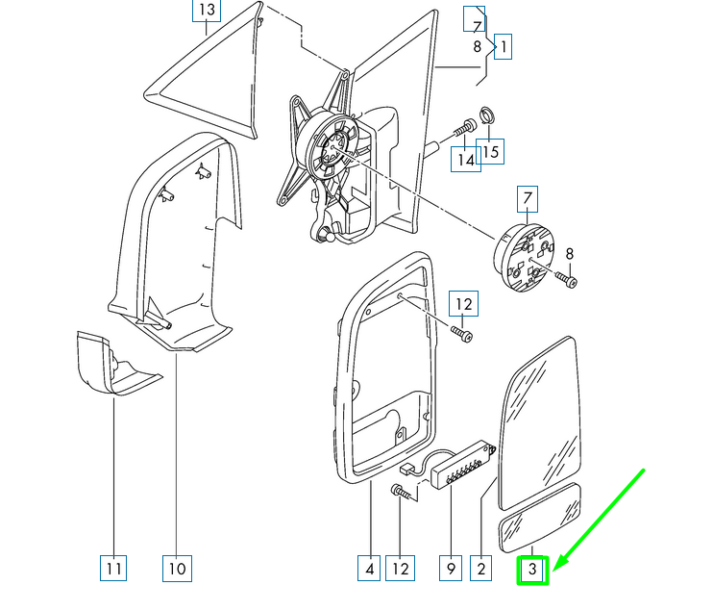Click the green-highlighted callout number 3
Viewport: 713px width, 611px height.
[x=532, y=570]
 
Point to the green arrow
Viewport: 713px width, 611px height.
[x=599, y=520]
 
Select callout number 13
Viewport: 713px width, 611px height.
[x=207, y=10]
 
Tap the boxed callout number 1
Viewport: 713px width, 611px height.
[x=503, y=46]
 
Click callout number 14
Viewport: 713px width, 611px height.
[x=466, y=160]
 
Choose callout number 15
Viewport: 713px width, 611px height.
[x=490, y=151]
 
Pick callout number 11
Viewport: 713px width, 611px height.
[x=113, y=569]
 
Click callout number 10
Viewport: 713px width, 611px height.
[x=177, y=569]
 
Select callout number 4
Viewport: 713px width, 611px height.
[x=369, y=569]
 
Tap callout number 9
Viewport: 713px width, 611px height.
[x=451, y=569]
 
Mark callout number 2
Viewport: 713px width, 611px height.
[x=481, y=569]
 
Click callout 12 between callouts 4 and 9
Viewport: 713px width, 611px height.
[x=400, y=569]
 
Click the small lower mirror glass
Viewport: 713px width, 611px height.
[x=540, y=518]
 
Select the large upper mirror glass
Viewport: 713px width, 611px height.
[x=540, y=423]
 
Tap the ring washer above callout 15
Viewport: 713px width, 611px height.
[x=487, y=115]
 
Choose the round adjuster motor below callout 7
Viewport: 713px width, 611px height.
[x=524, y=257]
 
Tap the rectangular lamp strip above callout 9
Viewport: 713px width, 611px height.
[x=463, y=465]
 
